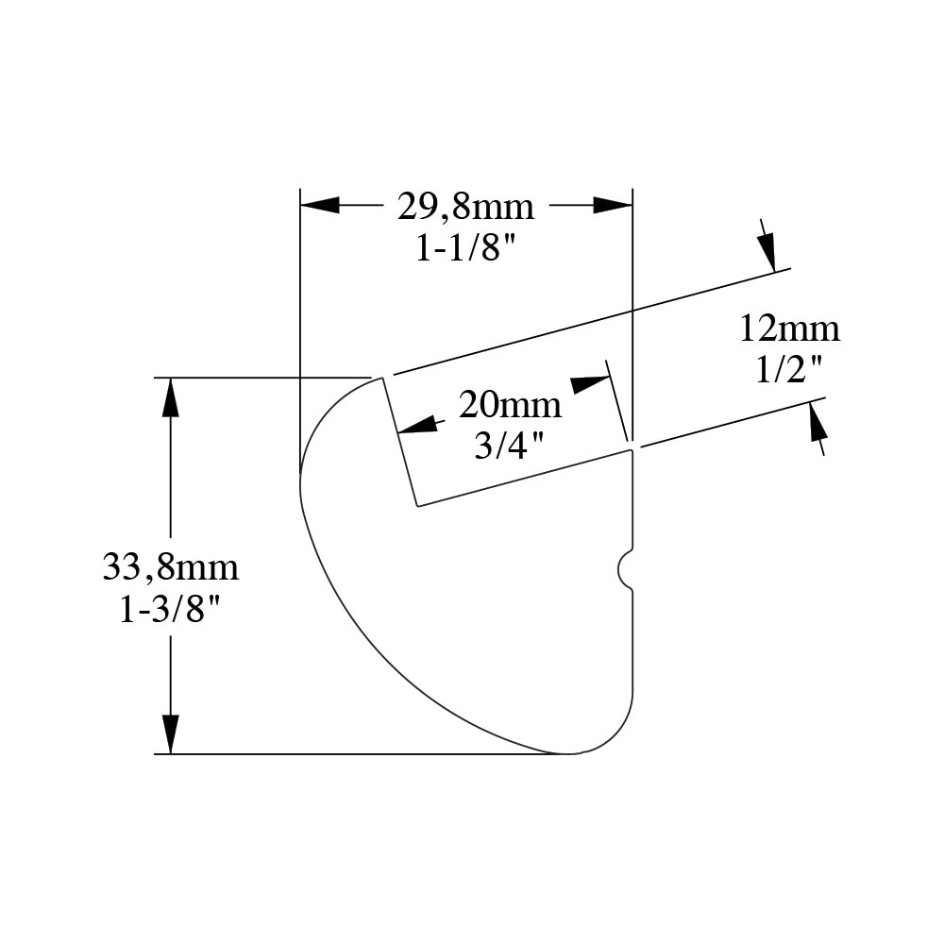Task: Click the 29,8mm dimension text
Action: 465,207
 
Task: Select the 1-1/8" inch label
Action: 466,247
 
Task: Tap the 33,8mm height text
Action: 170,567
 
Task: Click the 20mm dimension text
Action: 510,404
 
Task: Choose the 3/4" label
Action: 510,446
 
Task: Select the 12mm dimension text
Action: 789,329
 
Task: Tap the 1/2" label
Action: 788,370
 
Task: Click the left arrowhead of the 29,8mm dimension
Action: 320,205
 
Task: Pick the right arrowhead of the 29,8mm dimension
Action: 613,205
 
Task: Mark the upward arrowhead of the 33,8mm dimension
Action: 170,396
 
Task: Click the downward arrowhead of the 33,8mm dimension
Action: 170,734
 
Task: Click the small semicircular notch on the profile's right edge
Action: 626,569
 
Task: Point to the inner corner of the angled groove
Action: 418,506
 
